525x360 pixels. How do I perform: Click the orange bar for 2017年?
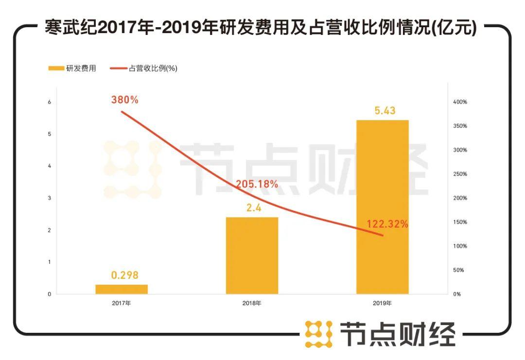122,289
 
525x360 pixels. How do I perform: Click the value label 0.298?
125,275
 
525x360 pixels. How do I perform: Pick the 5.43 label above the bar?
385,110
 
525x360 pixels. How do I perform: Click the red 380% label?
124,100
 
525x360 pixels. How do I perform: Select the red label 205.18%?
257,184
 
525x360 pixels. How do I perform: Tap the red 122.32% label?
387,224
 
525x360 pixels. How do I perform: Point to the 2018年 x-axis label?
252,304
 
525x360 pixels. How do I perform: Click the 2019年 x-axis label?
383,304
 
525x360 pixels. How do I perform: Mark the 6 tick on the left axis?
49,102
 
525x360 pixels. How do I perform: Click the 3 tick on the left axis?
49,198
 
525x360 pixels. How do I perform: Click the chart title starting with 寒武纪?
260,28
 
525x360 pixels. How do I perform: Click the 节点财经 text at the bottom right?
397,334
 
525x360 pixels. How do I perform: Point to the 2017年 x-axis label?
121,304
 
